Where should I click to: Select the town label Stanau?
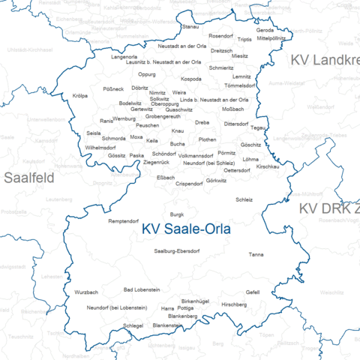click(190, 26)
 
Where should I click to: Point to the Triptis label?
click(244, 39)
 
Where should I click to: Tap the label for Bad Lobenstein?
click(142, 289)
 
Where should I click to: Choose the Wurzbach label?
click(86, 292)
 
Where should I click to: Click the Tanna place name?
click(256, 255)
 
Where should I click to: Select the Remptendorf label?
click(123, 221)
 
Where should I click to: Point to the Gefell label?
click(253, 292)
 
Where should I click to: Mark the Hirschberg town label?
click(234, 304)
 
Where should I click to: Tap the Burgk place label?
click(177, 214)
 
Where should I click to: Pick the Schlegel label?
click(133, 325)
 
